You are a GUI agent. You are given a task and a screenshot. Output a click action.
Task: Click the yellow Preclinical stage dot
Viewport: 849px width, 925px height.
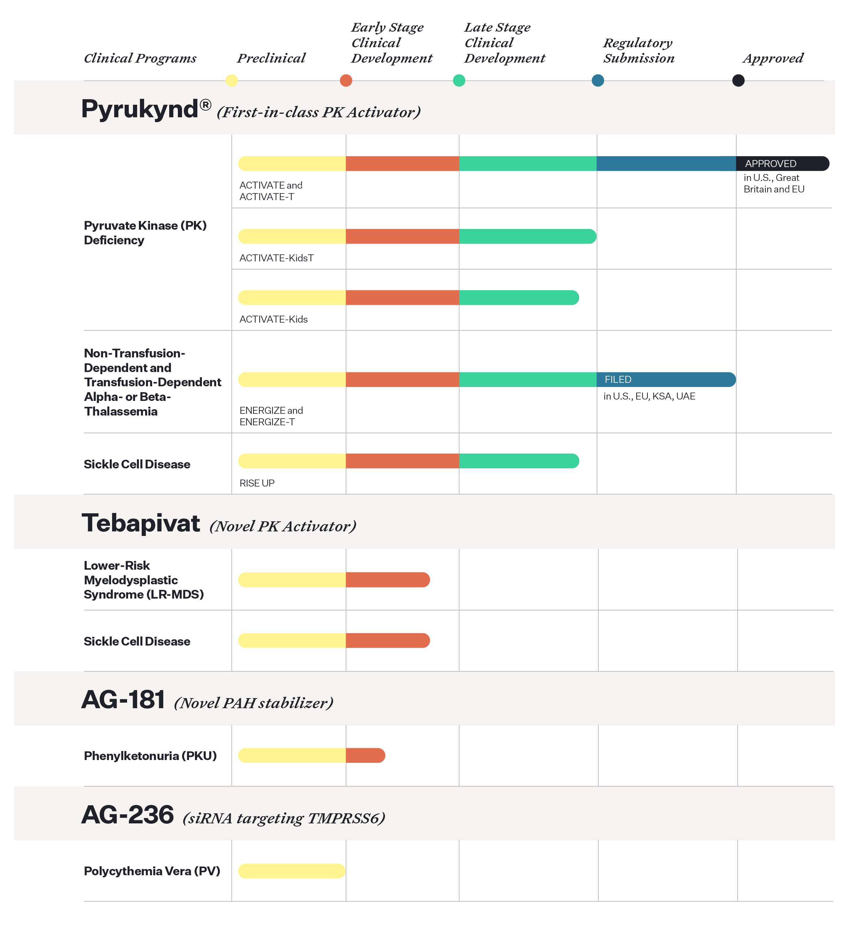tap(231, 80)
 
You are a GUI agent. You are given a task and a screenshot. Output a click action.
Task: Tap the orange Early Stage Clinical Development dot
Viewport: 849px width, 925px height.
tap(346, 80)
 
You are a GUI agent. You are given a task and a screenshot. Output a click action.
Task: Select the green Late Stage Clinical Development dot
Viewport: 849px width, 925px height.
tap(459, 80)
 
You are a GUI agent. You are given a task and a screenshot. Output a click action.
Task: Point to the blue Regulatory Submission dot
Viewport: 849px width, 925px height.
tap(598, 80)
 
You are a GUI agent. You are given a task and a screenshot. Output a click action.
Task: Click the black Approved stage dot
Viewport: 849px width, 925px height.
tap(738, 80)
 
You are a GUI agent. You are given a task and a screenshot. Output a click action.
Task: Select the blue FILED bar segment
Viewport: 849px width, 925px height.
tap(666, 379)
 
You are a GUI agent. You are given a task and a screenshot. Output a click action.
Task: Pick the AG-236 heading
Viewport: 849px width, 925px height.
tap(128, 815)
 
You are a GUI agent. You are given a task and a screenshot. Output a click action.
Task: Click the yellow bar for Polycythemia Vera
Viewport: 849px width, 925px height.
tap(291, 871)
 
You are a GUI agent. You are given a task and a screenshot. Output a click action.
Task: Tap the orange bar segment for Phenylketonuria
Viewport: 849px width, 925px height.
tap(365, 756)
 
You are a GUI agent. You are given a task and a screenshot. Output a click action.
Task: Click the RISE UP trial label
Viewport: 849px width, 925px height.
tap(257, 483)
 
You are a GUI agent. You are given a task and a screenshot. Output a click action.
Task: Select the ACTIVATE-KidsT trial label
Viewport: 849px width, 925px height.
tap(277, 258)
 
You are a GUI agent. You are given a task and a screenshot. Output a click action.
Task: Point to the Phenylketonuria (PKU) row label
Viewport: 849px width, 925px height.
tap(150, 756)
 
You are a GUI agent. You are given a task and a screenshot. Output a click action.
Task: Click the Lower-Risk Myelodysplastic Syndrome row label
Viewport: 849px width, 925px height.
tap(143, 580)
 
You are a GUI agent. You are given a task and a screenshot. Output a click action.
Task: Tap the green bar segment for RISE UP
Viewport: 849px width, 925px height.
tap(519, 461)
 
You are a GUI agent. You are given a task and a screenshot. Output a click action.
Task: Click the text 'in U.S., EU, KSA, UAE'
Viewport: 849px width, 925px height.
tap(649, 396)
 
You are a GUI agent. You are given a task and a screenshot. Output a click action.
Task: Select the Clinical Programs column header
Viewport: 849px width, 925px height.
tap(140, 58)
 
